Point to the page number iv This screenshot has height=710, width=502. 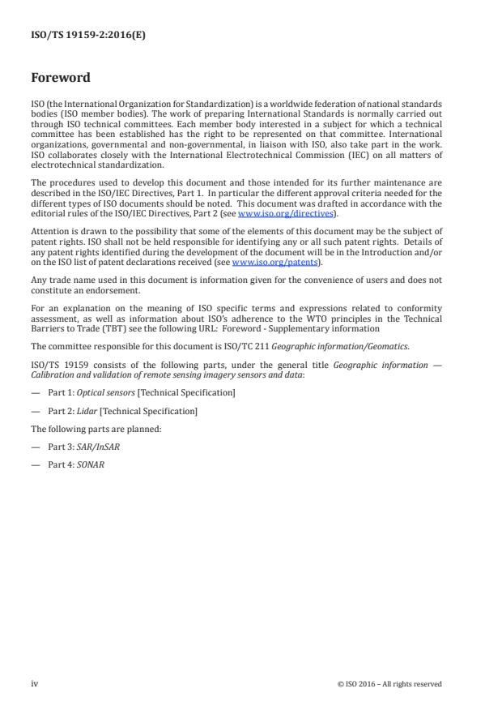(x=35, y=683)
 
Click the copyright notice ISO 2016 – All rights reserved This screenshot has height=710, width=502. (x=389, y=683)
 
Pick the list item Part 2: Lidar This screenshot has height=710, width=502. (x=122, y=411)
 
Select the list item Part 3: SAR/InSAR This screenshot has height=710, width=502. (x=86, y=447)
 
